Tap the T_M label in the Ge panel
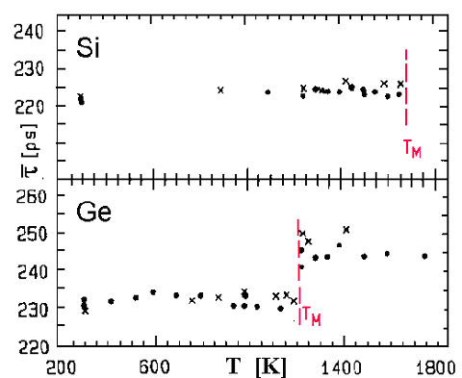pos(311,315)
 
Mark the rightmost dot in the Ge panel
pos(424,256)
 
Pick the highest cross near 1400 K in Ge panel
pos(346,229)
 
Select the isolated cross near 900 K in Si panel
pos(220,89)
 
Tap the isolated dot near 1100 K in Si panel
pos(268,92)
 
